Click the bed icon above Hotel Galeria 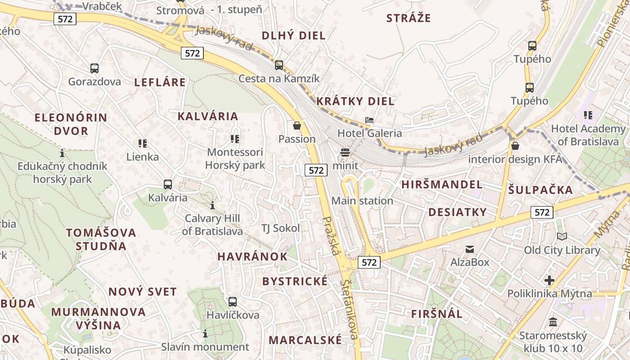click(369, 120)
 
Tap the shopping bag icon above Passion click(297, 126)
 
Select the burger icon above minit click(345, 153)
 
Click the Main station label click(362, 201)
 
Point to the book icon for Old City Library click(562, 236)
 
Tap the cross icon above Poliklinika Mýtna click(549, 280)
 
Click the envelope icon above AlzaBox click(470, 249)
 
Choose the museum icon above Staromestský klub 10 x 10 click(553, 322)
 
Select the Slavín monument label click(205, 347)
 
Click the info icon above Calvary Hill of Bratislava click(212, 206)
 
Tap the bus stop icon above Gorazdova click(94, 68)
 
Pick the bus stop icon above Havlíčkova click(233, 302)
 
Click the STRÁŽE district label click(409, 18)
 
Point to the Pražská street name click(331, 236)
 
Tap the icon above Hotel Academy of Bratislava click(588, 115)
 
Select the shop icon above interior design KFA click(515, 146)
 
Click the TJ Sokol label click(280, 228)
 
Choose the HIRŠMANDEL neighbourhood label click(442, 184)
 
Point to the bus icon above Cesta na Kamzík click(279, 65)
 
